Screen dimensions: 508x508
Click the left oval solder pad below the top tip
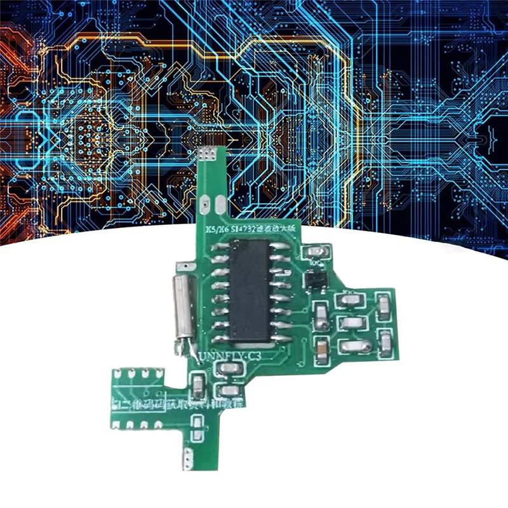204,205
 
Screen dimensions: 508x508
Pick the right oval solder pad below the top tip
219,204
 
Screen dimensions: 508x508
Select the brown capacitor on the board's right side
322,347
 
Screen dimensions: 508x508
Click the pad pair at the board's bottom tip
188,458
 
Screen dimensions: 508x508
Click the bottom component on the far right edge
385,342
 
